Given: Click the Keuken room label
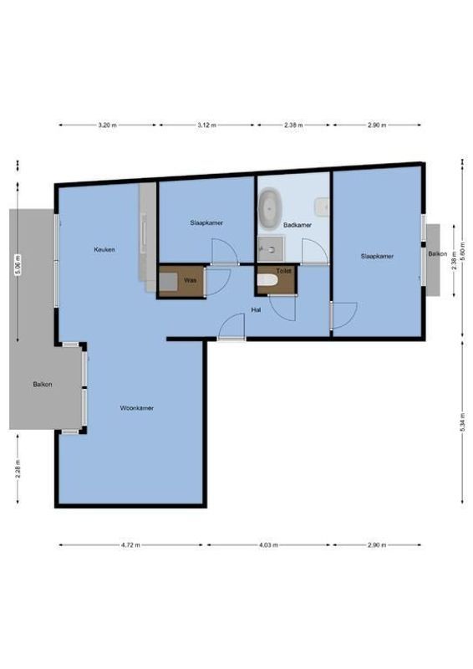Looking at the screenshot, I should (104, 249).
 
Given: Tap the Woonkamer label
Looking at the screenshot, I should (136, 408).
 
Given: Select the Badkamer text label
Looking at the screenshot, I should (298, 225).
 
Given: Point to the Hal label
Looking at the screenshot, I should (257, 309).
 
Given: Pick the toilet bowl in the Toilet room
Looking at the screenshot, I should (267, 282).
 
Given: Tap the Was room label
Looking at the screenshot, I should (190, 281).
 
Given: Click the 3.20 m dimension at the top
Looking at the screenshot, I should (106, 125).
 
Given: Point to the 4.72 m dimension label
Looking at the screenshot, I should (130, 544).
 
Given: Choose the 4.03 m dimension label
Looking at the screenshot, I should (269, 544).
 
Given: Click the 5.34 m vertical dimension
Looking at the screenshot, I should (462, 422).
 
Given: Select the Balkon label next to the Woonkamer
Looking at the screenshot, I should (43, 385).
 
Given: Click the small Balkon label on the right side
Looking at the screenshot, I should (435, 253).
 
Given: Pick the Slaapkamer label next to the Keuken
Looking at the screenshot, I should (205, 222).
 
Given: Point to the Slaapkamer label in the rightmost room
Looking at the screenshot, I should (377, 256).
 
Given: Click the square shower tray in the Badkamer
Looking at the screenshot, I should (270, 248).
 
